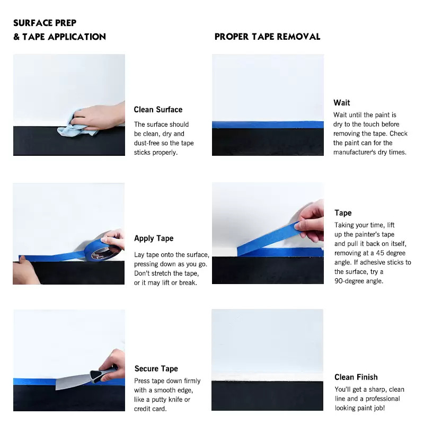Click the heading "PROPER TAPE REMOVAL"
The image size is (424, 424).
tap(267, 37)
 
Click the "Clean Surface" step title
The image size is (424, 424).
tap(158, 110)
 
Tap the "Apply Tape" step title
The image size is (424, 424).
tap(154, 238)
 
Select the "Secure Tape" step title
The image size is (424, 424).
tap(156, 368)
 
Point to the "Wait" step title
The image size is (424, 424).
tap(341, 103)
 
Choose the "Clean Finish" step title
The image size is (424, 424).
tap(356, 377)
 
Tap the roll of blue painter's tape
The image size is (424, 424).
tap(102, 250)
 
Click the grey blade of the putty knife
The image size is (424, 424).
tap(73, 381)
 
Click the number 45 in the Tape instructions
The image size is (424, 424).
tap(380, 253)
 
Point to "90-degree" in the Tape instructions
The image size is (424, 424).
tap(349, 281)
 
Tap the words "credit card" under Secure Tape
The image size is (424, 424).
tap(149, 409)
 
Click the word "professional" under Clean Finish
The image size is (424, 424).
tap(383, 399)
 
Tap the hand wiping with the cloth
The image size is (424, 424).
tap(99, 117)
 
